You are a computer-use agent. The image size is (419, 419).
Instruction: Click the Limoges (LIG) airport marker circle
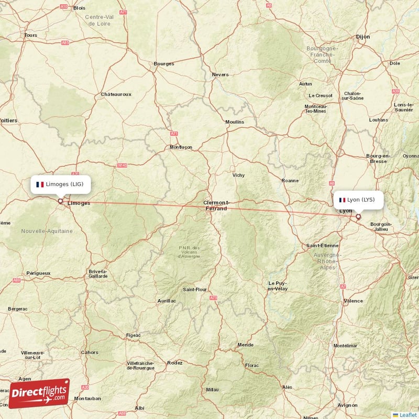(60, 201)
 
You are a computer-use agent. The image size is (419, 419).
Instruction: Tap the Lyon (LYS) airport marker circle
(358, 216)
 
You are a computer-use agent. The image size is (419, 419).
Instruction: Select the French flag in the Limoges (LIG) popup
(39, 184)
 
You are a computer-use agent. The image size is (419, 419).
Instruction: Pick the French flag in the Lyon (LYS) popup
(342, 200)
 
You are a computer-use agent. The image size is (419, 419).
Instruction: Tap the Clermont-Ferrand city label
(215, 205)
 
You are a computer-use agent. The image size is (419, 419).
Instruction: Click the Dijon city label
(362, 37)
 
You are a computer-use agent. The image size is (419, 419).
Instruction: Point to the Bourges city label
(163, 64)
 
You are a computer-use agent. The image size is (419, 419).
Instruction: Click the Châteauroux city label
(116, 94)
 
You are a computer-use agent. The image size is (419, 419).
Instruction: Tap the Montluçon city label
(181, 147)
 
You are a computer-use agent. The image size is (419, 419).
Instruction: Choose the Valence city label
(353, 301)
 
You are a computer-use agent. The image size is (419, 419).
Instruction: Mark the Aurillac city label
(167, 301)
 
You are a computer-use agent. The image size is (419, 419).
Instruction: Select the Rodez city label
(174, 362)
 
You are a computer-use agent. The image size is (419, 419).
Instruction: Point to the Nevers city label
(220, 74)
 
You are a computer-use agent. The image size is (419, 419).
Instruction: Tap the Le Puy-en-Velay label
(278, 286)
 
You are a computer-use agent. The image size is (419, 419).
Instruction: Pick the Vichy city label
(238, 175)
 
